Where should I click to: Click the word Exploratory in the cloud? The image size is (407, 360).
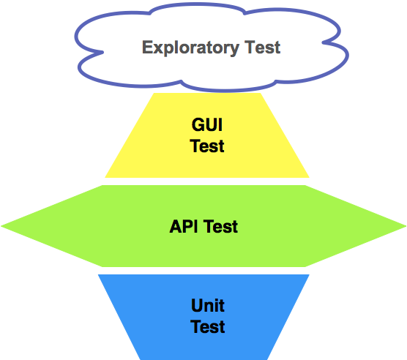click(x=190, y=48)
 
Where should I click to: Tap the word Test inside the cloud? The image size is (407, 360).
click(x=262, y=48)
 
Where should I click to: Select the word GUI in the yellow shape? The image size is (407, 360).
click(x=207, y=124)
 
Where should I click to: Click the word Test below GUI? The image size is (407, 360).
click(x=207, y=146)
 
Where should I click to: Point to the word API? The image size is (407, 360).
click(x=184, y=226)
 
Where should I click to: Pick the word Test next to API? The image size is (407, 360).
click(x=220, y=226)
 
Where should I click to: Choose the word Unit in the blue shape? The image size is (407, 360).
click(x=208, y=305)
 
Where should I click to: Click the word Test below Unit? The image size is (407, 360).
click(x=208, y=326)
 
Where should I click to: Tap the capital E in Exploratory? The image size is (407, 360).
click(x=147, y=47)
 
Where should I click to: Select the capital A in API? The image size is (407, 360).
click(x=176, y=226)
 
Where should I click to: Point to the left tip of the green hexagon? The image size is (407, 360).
click(x=1, y=226)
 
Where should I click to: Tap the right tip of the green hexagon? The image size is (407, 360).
click(x=406, y=226)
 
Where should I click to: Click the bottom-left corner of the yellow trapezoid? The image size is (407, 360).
click(x=105, y=178)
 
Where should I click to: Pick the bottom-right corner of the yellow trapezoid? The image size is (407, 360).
click(x=310, y=178)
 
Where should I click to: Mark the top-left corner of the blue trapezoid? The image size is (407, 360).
click(x=98, y=274)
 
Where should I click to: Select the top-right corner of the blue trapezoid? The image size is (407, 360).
click(x=310, y=274)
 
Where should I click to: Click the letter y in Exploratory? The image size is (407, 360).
click(x=234, y=50)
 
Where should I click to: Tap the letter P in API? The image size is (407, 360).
click(x=188, y=226)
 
